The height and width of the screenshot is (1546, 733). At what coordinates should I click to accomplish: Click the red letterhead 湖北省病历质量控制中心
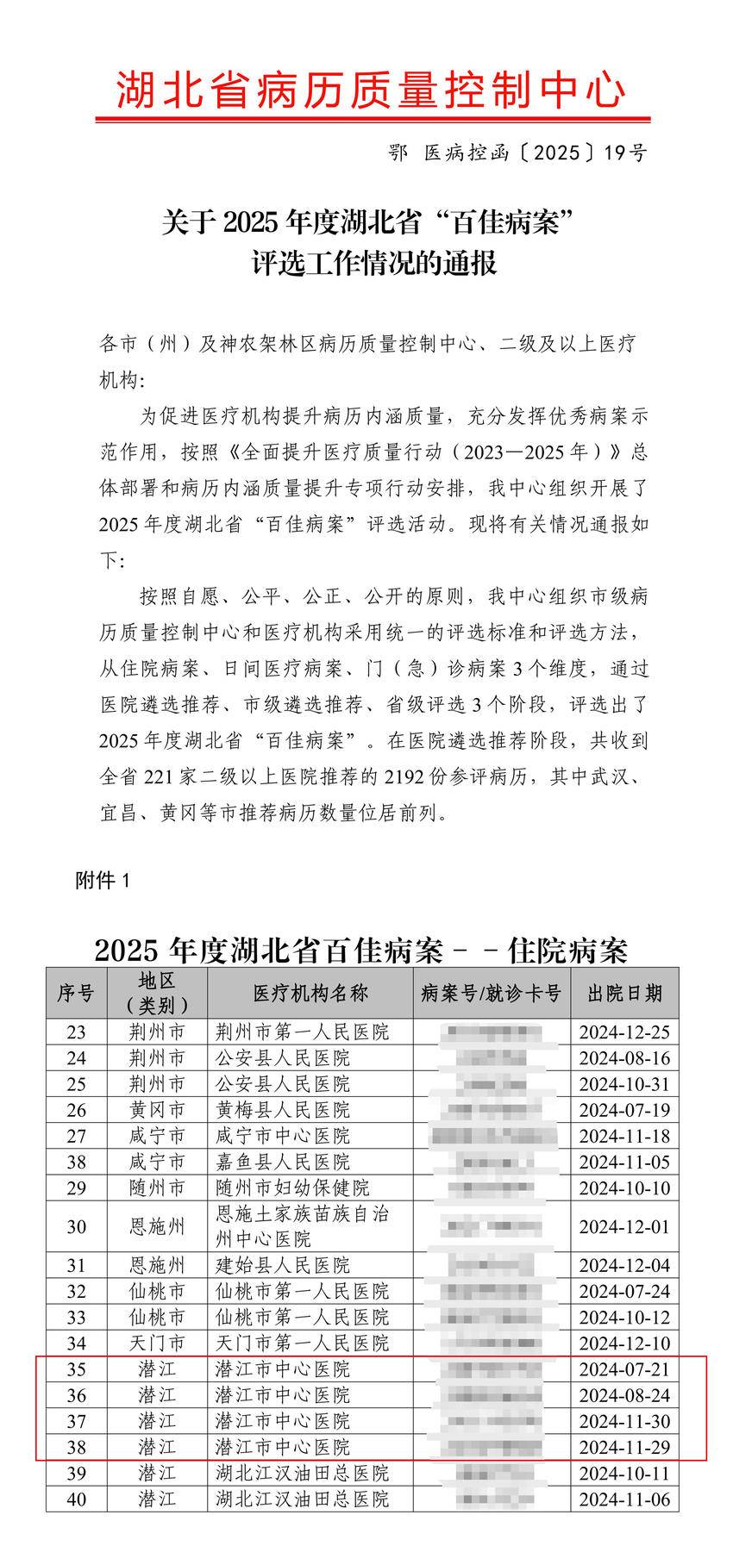tap(371, 90)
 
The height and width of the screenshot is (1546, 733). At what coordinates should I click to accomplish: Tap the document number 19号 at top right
tap(625, 153)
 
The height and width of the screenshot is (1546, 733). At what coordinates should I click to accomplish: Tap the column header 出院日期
tap(624, 994)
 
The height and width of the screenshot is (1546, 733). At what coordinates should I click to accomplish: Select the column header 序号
tap(76, 994)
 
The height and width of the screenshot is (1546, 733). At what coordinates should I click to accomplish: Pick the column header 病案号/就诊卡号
tap(491, 994)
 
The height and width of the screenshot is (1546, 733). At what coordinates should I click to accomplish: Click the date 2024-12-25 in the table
tap(624, 1032)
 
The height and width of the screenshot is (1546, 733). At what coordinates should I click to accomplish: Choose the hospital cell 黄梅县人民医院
tap(283, 1110)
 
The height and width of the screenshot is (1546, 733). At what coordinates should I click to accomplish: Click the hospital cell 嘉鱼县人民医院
tap(283, 1162)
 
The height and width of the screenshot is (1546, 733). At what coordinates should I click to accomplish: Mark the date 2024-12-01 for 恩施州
tap(624, 1226)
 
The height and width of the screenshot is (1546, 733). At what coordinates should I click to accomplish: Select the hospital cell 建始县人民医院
tap(283, 1265)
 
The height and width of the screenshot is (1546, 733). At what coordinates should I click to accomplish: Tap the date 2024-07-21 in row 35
tap(624, 1368)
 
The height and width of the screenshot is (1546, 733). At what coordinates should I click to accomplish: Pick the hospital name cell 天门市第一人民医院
tap(302, 1343)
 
